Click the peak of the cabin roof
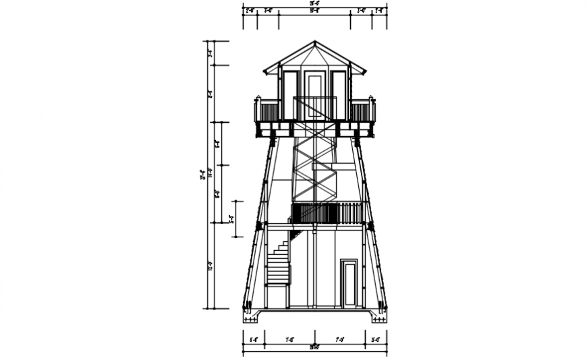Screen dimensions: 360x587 [314, 42]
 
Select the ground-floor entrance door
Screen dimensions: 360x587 [350, 283]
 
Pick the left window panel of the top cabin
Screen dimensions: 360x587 [290, 95]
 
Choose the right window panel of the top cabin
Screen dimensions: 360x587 [339, 95]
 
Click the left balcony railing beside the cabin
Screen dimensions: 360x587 [268, 110]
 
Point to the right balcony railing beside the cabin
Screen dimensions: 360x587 [362, 110]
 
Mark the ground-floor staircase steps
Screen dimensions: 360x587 [278, 263]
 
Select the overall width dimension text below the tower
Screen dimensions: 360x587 [314, 348]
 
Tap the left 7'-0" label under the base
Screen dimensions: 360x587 [289, 340]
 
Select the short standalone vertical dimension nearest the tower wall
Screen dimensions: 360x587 [231, 218]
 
